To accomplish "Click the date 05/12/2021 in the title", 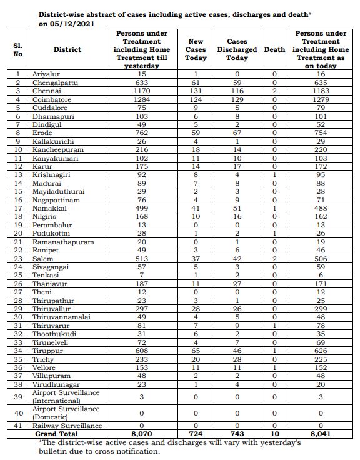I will tap(74, 23).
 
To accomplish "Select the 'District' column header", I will tap(67, 49).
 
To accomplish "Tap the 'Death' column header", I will tap(274, 49).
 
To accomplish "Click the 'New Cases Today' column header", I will tap(196, 49).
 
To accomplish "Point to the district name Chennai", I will tap(66, 91).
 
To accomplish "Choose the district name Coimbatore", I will tap(70, 99).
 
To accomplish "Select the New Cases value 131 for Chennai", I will tap(196, 91).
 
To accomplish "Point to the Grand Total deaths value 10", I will tap(274, 433).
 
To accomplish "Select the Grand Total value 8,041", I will tap(321, 433).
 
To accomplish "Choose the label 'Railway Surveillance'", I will tap(77, 426).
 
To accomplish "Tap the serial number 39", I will tap(18, 396).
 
